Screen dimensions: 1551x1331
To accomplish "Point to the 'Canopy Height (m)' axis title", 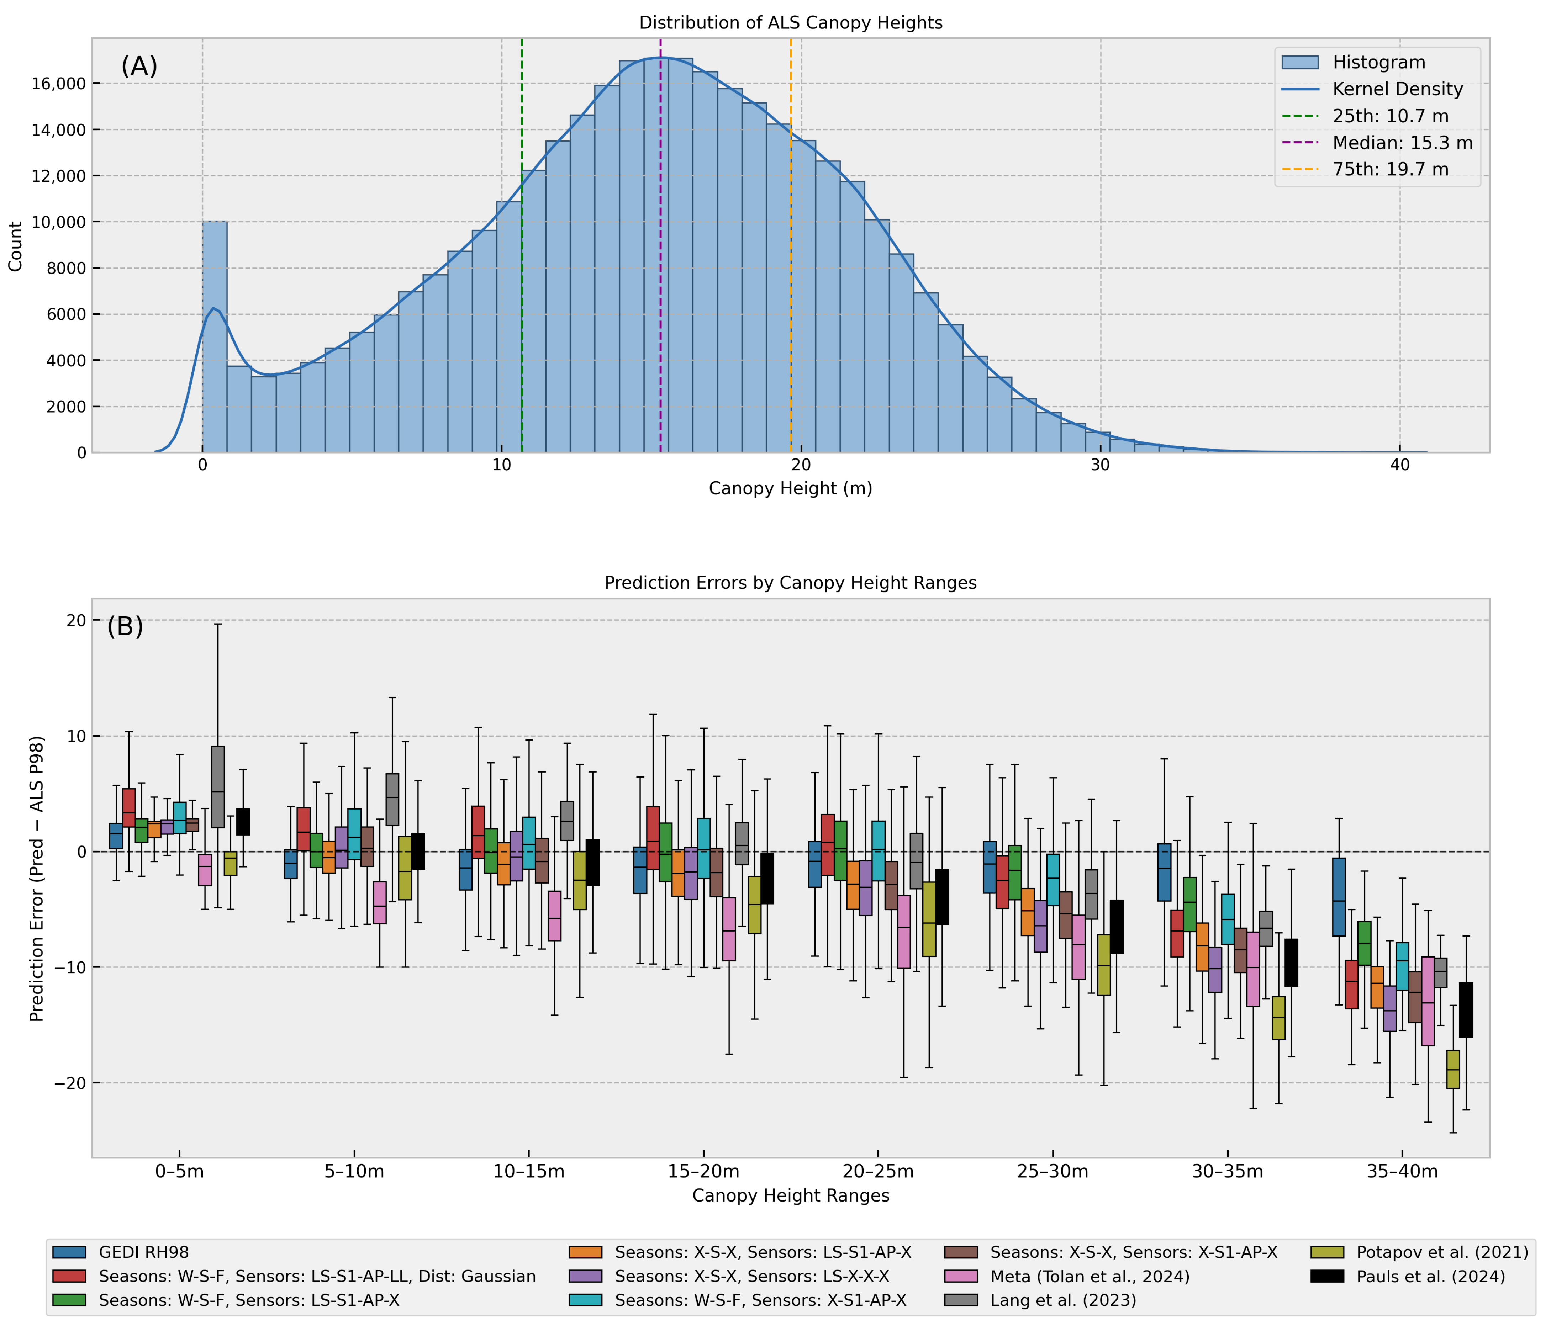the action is (x=791, y=489).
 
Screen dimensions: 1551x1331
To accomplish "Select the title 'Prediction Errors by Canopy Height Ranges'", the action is (x=791, y=583).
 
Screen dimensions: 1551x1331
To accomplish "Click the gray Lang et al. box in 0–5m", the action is (x=218, y=787).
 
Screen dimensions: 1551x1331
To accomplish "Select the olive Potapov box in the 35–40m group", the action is (x=1453, y=1069).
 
